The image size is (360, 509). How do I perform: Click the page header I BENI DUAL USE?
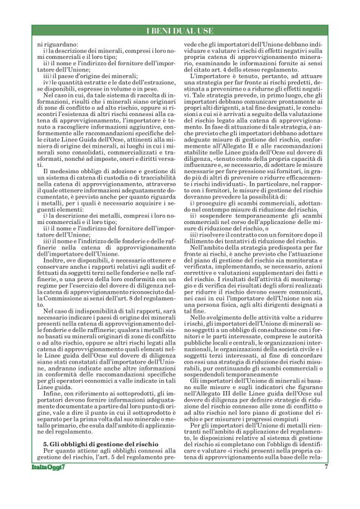[x=180, y=32]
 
